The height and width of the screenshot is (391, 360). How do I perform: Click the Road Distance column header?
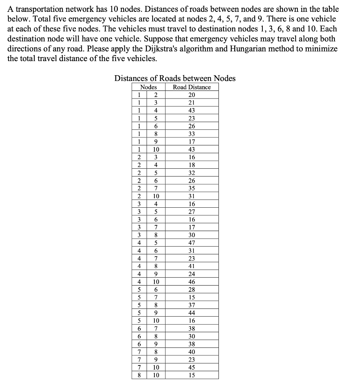coord(191,87)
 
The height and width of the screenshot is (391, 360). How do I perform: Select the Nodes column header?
coord(148,87)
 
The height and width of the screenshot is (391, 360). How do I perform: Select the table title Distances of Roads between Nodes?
coord(175,78)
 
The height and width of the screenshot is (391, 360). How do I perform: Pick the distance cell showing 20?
coord(191,95)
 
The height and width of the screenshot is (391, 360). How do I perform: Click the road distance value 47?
coord(191,242)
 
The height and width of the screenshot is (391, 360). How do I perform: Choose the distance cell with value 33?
coord(191,134)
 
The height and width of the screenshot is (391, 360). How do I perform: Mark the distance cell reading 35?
coord(191,188)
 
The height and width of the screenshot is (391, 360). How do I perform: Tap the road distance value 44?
coord(191,312)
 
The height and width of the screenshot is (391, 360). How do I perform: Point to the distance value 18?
coord(191,165)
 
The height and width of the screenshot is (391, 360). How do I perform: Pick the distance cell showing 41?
coord(191,266)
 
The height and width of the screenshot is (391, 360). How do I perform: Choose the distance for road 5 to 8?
coord(191,305)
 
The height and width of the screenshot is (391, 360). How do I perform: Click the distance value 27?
coord(191,211)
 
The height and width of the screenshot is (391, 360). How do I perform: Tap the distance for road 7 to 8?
coord(191,351)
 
